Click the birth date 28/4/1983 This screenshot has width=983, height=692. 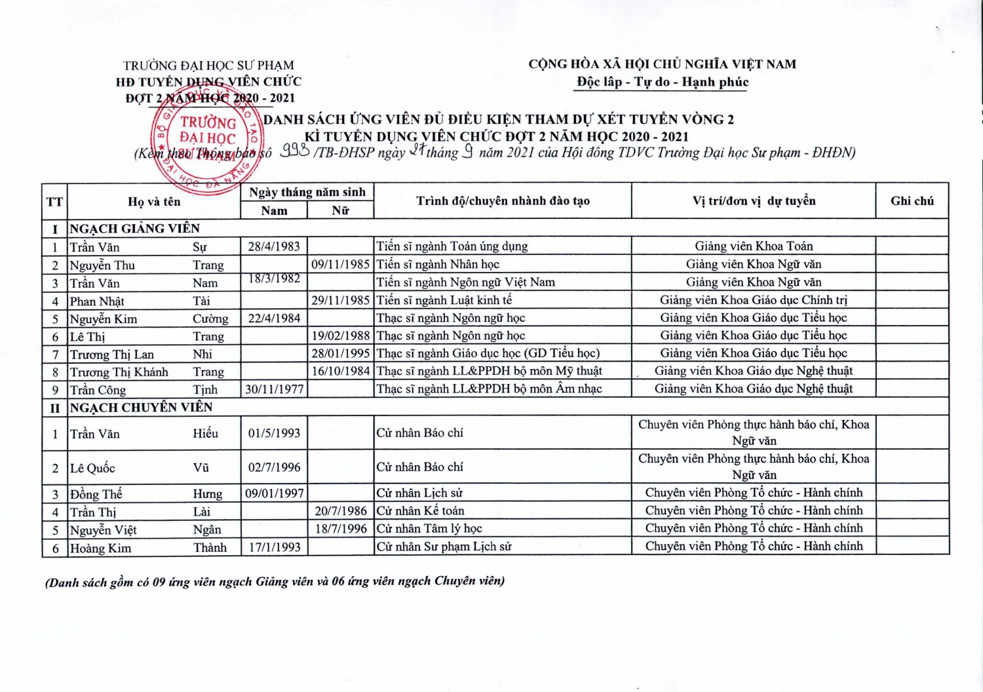click(x=274, y=246)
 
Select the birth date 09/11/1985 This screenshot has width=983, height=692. click(x=340, y=265)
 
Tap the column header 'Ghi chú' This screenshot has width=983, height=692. click(x=912, y=201)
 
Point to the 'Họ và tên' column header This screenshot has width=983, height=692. click(x=154, y=202)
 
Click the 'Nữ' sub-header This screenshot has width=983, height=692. click(x=340, y=210)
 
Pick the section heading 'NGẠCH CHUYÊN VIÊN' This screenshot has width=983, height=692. click(x=141, y=407)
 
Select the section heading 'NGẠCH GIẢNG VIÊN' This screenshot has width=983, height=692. click(x=134, y=229)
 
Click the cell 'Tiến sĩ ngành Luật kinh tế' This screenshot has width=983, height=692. click(x=444, y=300)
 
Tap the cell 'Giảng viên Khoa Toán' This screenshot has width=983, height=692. click(x=754, y=246)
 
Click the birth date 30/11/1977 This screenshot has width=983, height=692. click(x=274, y=389)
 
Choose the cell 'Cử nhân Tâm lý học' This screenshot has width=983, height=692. click(x=429, y=529)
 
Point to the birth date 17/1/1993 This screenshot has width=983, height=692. click(x=274, y=547)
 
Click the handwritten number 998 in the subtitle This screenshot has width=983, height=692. click(x=294, y=151)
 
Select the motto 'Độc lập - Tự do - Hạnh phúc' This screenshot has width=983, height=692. click(x=662, y=83)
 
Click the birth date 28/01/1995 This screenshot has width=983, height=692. click(x=340, y=353)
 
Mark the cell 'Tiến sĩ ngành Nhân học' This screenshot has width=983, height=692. click(x=437, y=265)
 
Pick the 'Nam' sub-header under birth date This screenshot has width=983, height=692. click(x=274, y=210)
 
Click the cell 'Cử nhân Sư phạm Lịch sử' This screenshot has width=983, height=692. click(x=444, y=547)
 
